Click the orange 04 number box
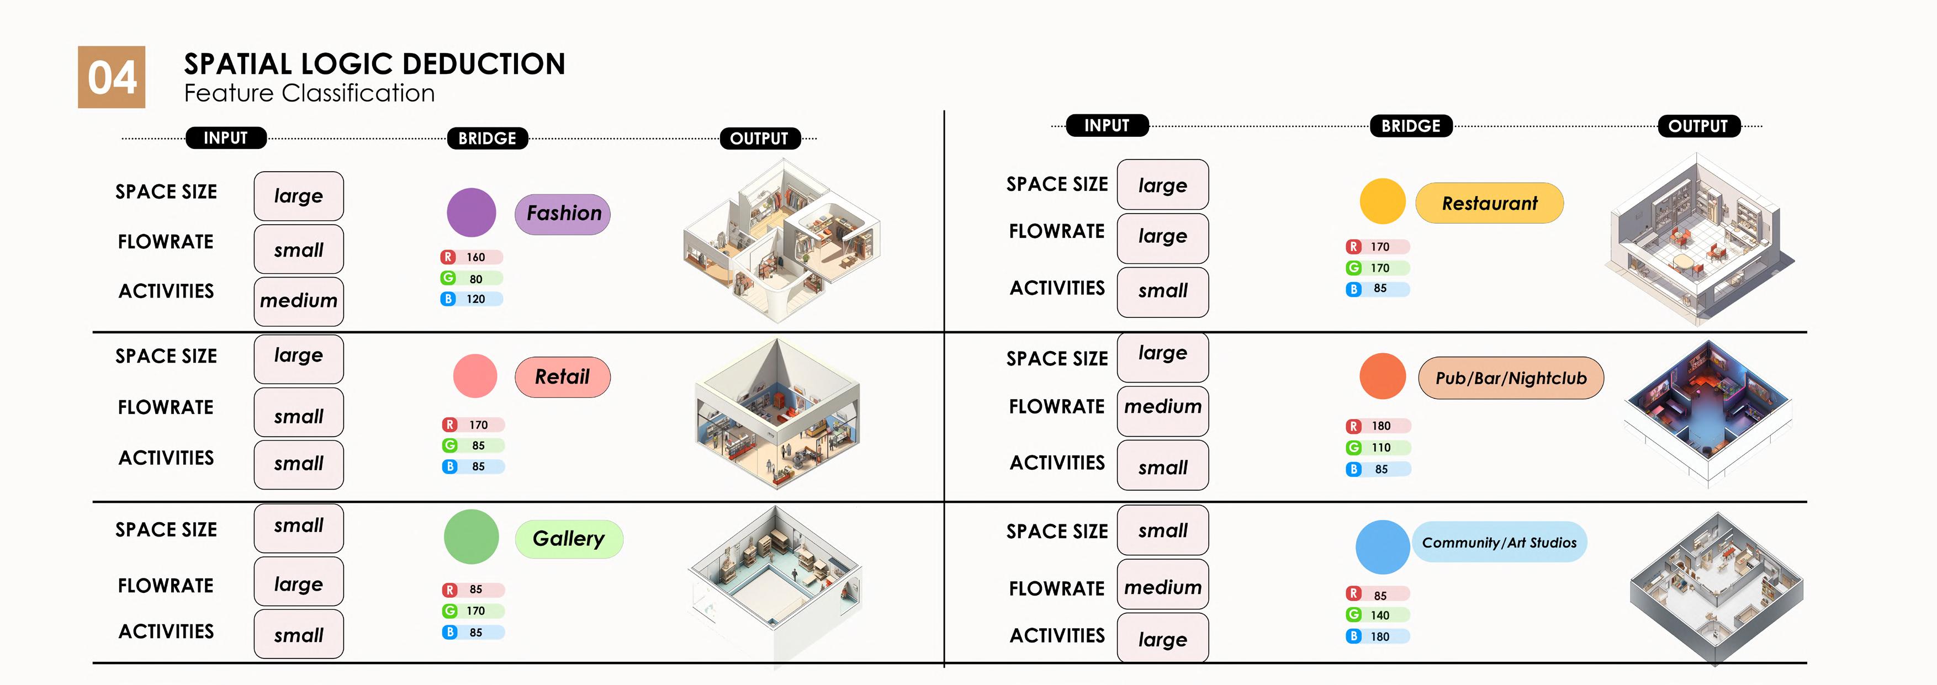click(112, 77)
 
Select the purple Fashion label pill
click(563, 214)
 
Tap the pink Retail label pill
click(563, 376)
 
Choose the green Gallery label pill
click(569, 538)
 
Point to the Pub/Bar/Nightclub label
click(1511, 378)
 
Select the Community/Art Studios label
click(1499, 542)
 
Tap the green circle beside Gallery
click(472, 537)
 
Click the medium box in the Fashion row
click(299, 301)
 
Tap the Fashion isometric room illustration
click(782, 241)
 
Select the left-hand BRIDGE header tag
click(487, 139)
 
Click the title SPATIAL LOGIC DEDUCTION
click(374, 64)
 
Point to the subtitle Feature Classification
click(309, 93)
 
